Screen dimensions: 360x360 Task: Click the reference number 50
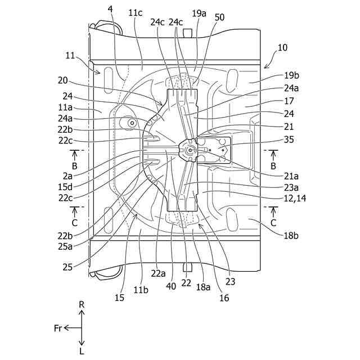pos(219,17)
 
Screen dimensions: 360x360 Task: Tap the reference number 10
pos(282,48)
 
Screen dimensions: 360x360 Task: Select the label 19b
pos(291,75)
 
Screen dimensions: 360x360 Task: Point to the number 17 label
pos(289,102)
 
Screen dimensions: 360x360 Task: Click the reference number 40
pos(171,286)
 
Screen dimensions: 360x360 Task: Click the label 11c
pos(135,12)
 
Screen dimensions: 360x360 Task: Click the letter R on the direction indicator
pos(82,305)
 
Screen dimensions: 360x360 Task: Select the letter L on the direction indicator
pos(82,350)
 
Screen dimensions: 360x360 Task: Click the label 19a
pos(199,12)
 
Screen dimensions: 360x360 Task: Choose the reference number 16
pos(224,298)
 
